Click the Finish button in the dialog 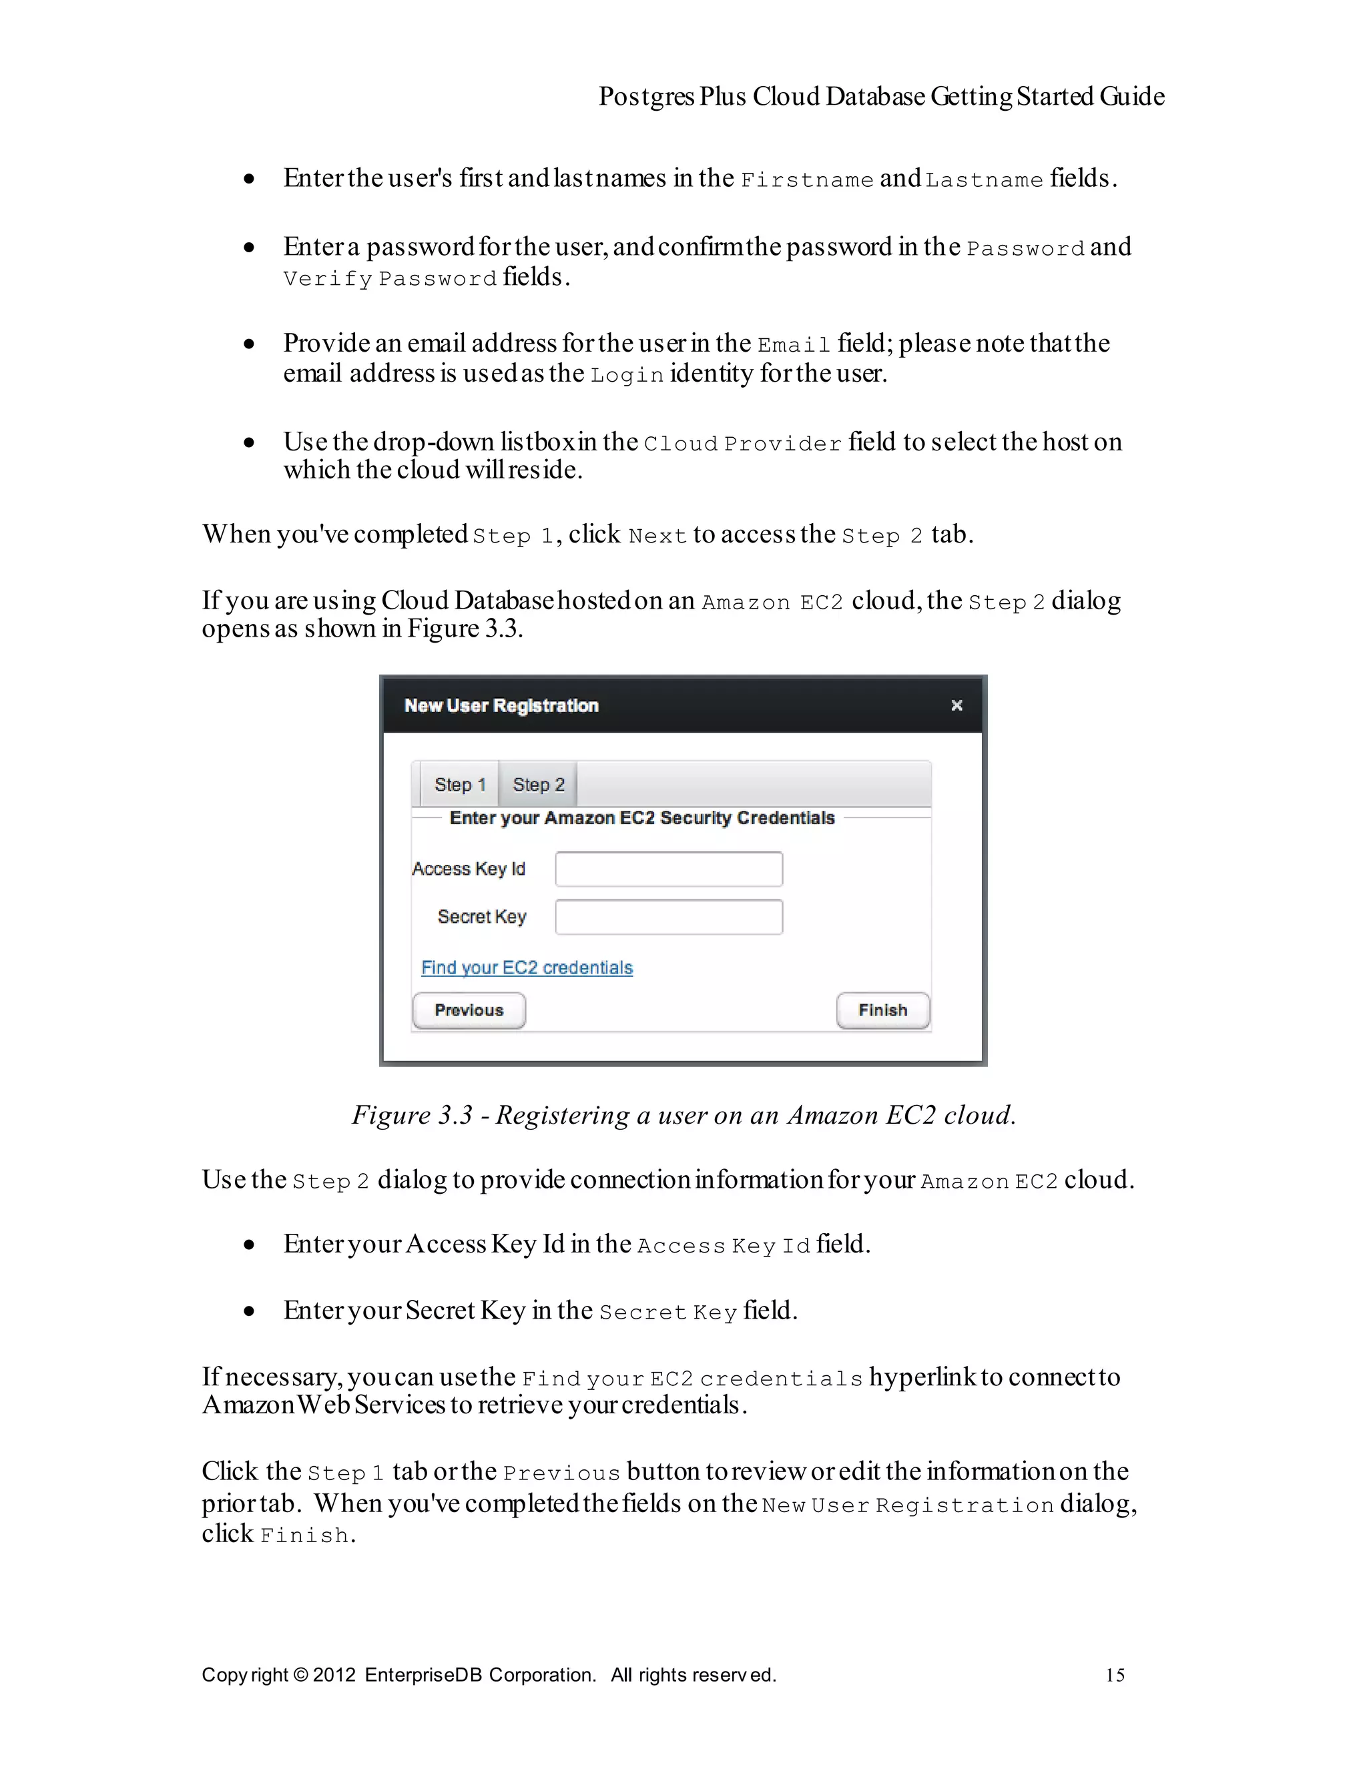point(882,1010)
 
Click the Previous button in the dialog point(469,1010)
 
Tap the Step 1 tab point(459,784)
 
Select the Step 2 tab point(538,784)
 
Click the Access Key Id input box point(669,869)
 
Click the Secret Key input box point(669,917)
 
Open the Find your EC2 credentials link point(527,968)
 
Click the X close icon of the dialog point(956,705)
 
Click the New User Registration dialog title point(501,705)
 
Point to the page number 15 point(1115,1675)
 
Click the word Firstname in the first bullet point(807,180)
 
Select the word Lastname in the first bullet point(984,180)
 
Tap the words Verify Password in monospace point(389,279)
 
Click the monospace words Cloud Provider point(742,444)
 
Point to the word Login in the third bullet point(627,376)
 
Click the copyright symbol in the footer point(300,1675)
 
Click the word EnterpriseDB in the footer point(423,1675)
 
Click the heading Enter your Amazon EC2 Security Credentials point(642,818)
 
